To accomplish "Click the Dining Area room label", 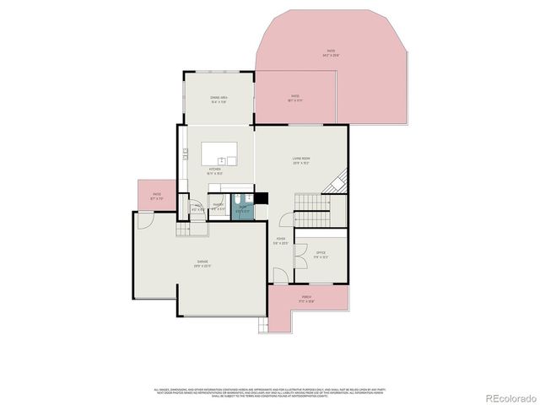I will (x=219, y=100).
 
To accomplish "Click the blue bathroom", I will (x=242, y=208).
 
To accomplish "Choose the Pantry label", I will (x=218, y=207).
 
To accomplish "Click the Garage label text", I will (x=204, y=264).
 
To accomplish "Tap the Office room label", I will (x=321, y=253).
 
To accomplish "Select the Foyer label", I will (x=280, y=240).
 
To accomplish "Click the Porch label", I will (x=306, y=298).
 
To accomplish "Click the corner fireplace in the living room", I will (x=340, y=180).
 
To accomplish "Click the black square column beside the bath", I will (x=262, y=199).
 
